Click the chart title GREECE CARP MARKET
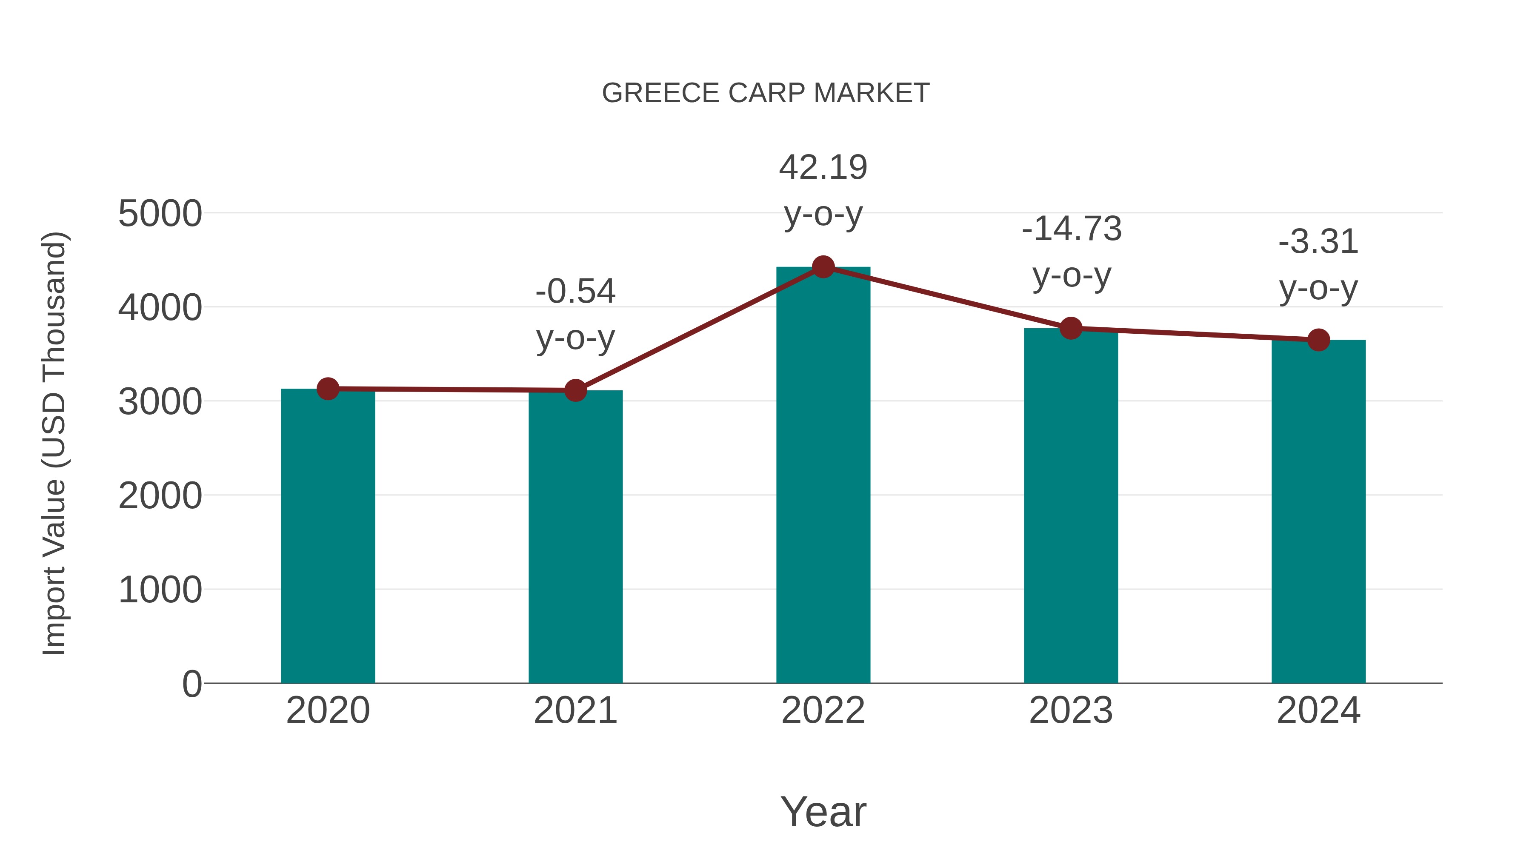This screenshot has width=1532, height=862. (766, 93)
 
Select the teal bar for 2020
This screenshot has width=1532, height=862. (328, 536)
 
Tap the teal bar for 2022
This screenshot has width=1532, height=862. (823, 476)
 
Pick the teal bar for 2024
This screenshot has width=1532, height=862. (1318, 512)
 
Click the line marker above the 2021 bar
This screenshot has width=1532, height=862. (575, 391)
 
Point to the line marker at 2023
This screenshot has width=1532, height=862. (1071, 328)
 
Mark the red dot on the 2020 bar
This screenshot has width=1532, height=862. (328, 389)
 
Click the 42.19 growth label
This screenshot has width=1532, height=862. (823, 167)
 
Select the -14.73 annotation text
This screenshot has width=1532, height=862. (1072, 229)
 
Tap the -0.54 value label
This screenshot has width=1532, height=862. (575, 292)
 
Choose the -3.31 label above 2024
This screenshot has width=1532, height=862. (1318, 242)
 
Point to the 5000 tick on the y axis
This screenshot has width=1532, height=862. (160, 214)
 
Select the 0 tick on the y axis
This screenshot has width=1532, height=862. (191, 684)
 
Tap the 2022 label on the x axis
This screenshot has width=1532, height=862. (823, 710)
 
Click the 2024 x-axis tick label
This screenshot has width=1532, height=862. (1318, 710)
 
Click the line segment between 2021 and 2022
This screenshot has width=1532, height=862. (699, 329)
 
